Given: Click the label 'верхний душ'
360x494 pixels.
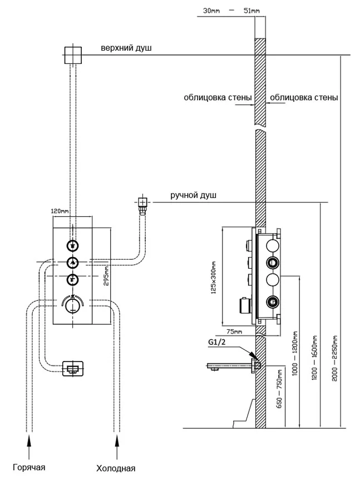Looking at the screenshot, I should [126, 49].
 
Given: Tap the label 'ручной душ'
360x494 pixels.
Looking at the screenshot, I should [194, 196].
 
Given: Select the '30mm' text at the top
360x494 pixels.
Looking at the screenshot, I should [211, 10].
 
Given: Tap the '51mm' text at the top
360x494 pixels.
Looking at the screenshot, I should [251, 10].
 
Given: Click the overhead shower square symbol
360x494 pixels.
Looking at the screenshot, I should [73, 55].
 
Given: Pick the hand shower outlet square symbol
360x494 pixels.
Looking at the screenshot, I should [142, 202].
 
